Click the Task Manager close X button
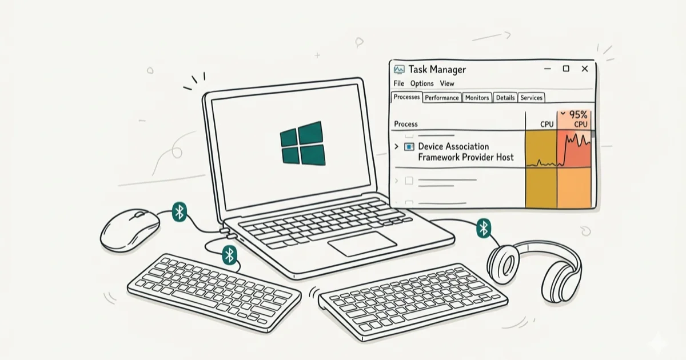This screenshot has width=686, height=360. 585,69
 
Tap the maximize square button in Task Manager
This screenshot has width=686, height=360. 566,69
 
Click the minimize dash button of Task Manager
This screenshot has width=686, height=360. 548,69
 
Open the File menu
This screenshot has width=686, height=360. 399,83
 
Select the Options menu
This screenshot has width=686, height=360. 422,83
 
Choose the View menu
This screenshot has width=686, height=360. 447,83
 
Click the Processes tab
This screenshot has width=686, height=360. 406,97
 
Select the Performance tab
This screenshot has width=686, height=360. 442,98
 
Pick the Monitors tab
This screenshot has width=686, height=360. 477,98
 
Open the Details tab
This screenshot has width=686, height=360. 505,98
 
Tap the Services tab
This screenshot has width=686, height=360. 531,98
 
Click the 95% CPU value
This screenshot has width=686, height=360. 578,115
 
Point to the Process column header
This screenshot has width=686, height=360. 406,124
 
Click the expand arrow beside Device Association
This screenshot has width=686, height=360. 397,147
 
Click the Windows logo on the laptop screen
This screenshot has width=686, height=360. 302,143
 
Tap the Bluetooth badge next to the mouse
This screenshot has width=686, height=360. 180,212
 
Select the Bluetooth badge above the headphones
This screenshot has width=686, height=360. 484,228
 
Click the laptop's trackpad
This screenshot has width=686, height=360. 362,243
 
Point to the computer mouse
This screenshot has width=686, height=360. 130,230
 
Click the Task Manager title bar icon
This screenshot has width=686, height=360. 399,70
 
